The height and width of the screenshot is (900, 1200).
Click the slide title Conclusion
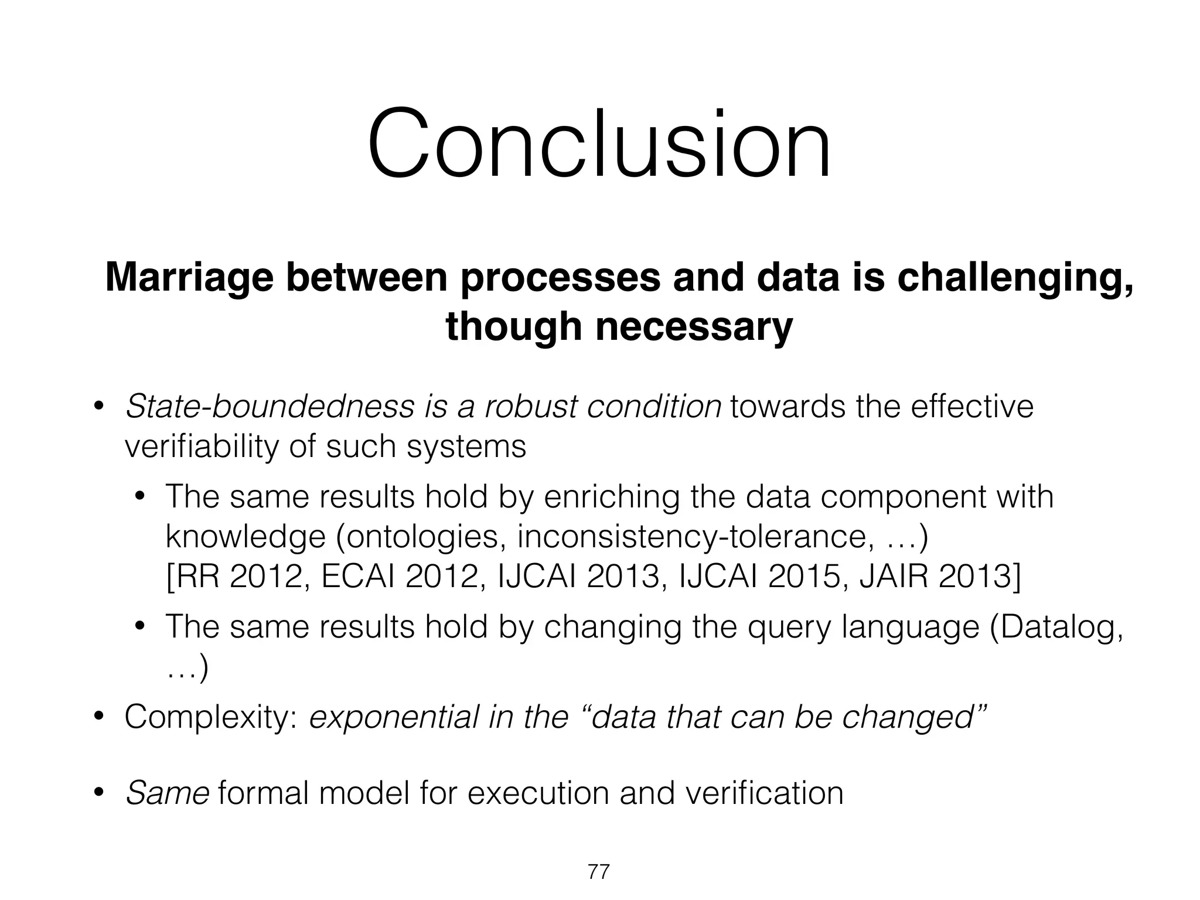[599, 144]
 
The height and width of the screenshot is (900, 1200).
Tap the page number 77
[599, 872]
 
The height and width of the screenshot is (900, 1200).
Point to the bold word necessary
[694, 326]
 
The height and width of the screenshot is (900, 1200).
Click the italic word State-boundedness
[270, 406]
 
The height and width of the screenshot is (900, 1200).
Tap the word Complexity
[212, 717]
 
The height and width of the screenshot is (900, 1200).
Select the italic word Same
[168, 793]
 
